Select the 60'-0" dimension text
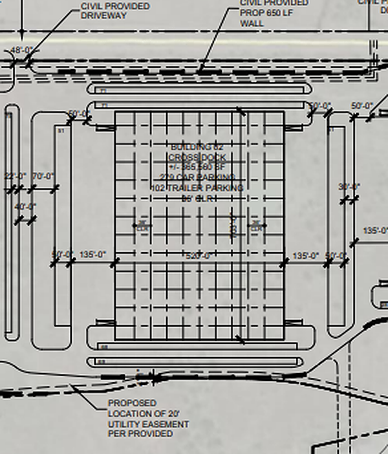(x=79, y=114)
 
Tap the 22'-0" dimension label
(x=15, y=176)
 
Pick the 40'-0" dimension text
(x=25, y=207)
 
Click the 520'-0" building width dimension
(x=199, y=256)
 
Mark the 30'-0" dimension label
(x=349, y=188)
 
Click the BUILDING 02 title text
(x=196, y=147)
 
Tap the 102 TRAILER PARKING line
(x=197, y=188)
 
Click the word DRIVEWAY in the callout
(x=104, y=15)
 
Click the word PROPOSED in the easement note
(x=133, y=403)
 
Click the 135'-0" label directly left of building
(x=92, y=255)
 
